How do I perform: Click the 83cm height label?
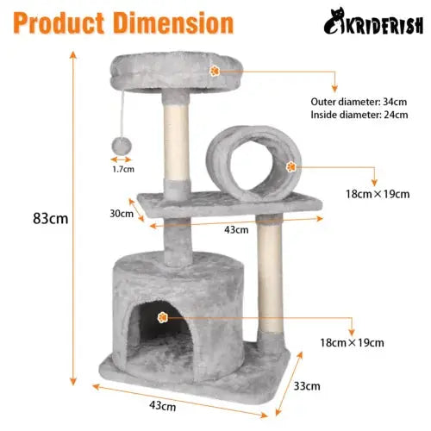[51, 218]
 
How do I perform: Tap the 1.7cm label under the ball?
[123, 169]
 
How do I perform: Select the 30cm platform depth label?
[122, 214]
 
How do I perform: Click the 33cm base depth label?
[307, 386]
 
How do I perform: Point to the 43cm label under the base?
[163, 406]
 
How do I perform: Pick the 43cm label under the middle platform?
[236, 230]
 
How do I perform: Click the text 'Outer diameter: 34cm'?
[359, 102]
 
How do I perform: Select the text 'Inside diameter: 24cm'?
[359, 115]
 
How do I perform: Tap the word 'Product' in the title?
[59, 23]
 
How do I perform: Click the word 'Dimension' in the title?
[173, 23]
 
